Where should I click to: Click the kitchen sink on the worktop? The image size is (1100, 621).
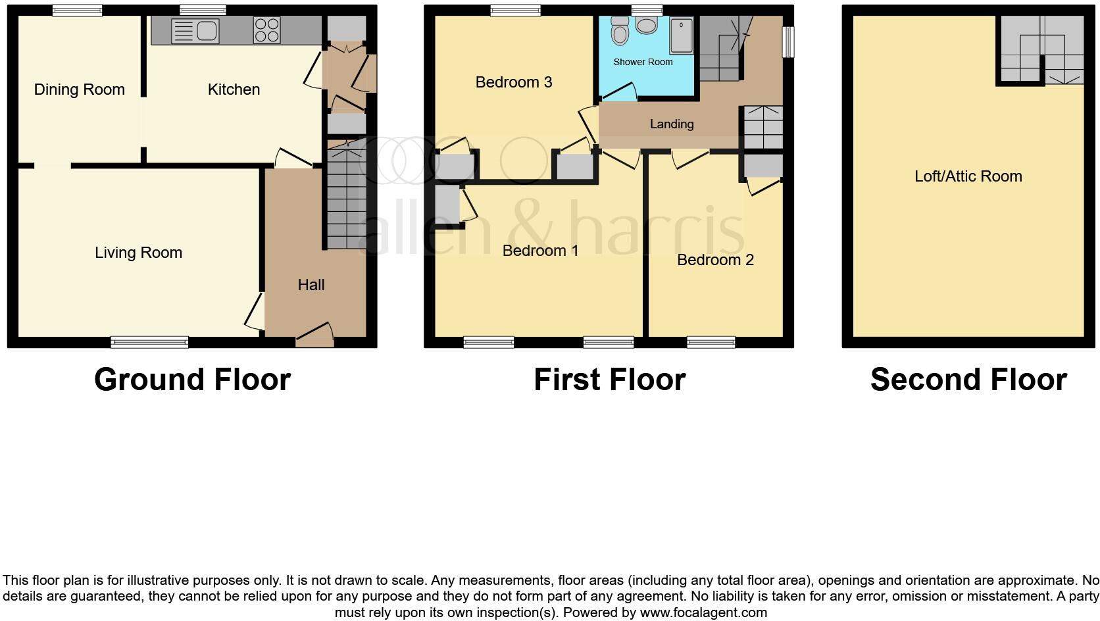click(x=195, y=31)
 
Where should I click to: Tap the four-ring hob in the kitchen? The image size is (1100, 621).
click(x=266, y=31)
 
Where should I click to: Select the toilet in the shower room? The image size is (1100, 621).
click(x=619, y=30)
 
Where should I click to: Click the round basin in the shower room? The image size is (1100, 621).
click(x=647, y=26)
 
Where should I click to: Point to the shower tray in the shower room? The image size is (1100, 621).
click(x=681, y=36)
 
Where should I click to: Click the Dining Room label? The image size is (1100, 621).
click(x=79, y=89)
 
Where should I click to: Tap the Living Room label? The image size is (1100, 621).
click(x=138, y=253)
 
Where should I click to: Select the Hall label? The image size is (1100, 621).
click(x=311, y=285)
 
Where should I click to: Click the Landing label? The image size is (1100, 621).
click(x=671, y=124)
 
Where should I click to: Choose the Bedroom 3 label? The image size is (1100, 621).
click(x=514, y=82)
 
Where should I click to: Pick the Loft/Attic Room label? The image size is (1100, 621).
click(x=968, y=176)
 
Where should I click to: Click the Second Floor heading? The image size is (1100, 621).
click(x=968, y=380)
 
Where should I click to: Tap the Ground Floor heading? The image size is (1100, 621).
click(x=192, y=380)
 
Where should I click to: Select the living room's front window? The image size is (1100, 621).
click(x=149, y=342)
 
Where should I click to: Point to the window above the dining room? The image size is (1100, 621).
click(x=77, y=10)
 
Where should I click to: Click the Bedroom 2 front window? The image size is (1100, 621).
click(x=711, y=342)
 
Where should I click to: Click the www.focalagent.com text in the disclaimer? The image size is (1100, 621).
click(x=703, y=612)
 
